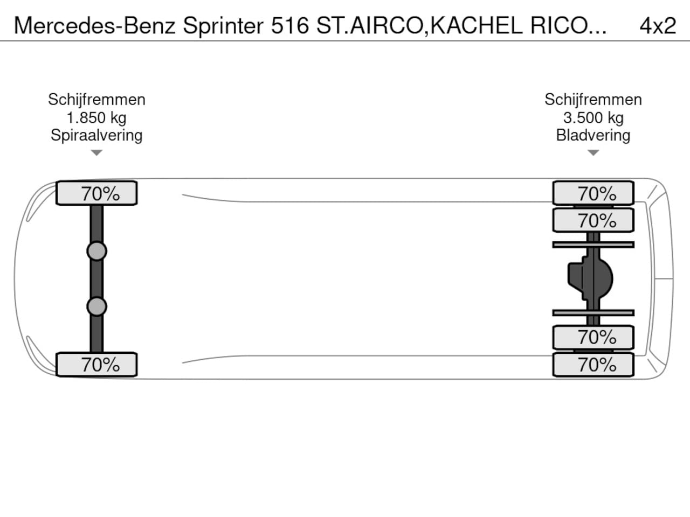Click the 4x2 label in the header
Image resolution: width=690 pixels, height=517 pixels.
(658, 26)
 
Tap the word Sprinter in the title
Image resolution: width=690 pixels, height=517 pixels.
(223, 26)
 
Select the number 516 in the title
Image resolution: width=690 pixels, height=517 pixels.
(290, 26)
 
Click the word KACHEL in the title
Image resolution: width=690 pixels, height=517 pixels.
(476, 26)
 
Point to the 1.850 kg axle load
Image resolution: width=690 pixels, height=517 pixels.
(96, 118)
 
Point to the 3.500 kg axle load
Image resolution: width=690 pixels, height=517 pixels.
(593, 118)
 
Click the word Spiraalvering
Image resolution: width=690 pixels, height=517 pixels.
(96, 136)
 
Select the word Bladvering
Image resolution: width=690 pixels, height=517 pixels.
(593, 136)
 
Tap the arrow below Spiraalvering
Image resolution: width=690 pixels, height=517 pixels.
(96, 152)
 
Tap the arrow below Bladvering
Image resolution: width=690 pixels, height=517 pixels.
(593, 152)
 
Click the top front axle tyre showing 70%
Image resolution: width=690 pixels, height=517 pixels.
(96, 193)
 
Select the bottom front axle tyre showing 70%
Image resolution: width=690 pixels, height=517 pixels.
(96, 365)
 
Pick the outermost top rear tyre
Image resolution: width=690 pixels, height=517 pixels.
(593, 193)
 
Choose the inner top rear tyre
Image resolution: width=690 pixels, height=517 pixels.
(593, 220)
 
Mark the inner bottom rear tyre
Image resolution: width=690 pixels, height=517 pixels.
(593, 338)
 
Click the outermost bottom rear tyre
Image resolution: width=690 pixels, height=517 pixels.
(593, 365)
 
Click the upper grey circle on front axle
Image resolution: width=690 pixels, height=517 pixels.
(97, 251)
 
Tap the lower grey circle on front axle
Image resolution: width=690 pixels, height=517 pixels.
(97, 306)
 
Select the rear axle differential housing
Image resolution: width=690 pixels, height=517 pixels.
(590, 279)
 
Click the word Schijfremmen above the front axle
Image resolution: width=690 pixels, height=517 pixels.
(96, 100)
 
